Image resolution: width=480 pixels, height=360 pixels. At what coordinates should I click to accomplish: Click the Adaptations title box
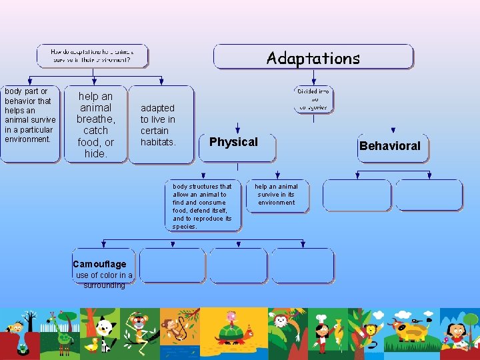(313, 57)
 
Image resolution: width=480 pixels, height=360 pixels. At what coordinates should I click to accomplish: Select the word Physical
(233, 142)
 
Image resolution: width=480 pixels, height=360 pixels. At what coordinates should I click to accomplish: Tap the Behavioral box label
(390, 146)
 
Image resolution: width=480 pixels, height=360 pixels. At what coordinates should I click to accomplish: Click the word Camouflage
(99, 264)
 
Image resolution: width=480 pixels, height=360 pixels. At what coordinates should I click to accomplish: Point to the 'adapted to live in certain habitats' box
(159, 125)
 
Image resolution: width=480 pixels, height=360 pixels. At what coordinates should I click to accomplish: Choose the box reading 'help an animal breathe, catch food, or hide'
(95, 125)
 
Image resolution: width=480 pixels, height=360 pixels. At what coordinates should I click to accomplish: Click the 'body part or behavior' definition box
(29, 123)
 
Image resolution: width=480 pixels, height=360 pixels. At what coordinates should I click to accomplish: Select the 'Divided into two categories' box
(313, 99)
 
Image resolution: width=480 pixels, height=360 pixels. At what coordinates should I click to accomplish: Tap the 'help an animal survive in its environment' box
(277, 195)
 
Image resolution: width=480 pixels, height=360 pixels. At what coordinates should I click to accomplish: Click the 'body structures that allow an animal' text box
(203, 206)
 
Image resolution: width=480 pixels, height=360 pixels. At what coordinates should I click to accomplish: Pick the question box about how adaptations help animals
(92, 56)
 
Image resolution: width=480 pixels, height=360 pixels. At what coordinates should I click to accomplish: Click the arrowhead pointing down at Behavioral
(393, 131)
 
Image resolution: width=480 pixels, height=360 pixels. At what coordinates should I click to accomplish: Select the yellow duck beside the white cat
(91, 344)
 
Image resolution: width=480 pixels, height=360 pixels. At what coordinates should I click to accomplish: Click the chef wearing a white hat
(321, 331)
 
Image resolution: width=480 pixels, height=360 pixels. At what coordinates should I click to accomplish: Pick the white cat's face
(104, 327)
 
